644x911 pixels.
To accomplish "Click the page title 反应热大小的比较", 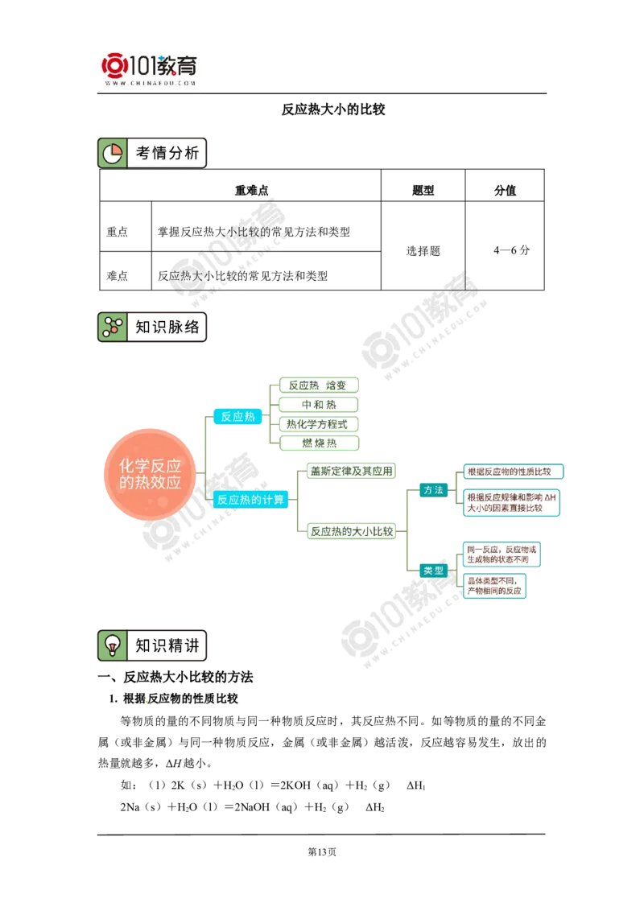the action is tap(333, 109).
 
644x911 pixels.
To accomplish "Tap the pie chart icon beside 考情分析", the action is tap(112, 154).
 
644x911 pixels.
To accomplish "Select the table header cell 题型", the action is tap(423, 190).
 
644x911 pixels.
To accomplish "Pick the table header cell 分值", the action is tap(505, 190).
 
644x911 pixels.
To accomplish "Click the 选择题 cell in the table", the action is tap(423, 251).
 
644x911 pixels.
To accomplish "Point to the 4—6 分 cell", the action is tap(511, 250).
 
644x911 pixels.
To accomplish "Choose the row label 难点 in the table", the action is tap(117, 275).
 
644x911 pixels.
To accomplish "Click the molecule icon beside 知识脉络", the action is tap(112, 327).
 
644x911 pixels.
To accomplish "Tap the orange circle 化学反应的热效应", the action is tap(150, 474).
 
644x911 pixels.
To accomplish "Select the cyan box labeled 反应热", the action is tap(237, 416).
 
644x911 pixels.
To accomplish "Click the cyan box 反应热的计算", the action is tap(250, 499).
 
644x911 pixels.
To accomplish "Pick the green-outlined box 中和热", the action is tap(319, 404).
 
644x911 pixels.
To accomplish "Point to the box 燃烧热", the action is tap(319, 443).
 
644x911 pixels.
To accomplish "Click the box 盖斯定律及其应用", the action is tap(351, 471).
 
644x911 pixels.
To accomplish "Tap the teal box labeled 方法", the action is tap(434, 490).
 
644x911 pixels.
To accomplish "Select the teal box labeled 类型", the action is tap(434, 571).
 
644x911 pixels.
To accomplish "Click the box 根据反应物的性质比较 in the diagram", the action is tap(514, 471).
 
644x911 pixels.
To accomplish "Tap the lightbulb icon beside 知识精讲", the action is tap(112, 645).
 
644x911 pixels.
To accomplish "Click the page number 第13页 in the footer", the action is tap(321, 851).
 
